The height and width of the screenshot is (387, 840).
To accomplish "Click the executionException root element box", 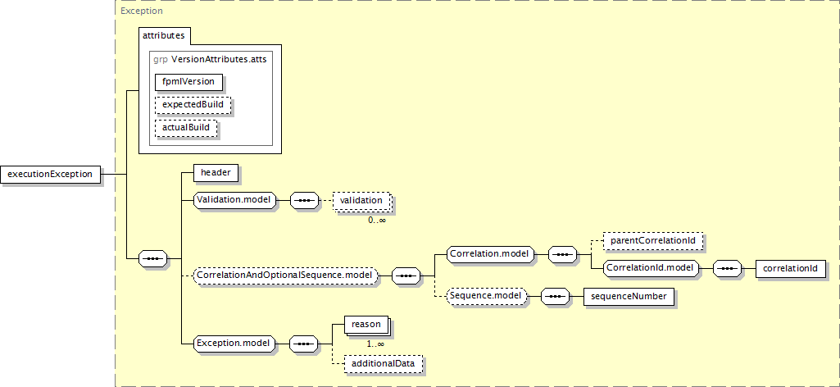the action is click(50, 174).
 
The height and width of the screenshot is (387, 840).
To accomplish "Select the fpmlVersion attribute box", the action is click(188, 82).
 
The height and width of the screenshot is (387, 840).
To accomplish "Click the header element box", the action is click(216, 173).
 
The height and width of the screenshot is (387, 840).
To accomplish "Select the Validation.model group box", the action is click(235, 200).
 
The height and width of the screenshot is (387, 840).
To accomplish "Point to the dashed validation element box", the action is click(361, 201).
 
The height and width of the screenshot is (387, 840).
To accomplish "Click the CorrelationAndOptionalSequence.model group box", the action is click(284, 275).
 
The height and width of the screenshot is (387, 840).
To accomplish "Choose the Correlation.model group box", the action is click(489, 254).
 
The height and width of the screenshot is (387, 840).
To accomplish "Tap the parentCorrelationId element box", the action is click(653, 241).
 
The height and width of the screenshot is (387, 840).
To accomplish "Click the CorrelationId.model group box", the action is click(652, 268).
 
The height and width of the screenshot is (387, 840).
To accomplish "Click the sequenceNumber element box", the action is click(629, 296).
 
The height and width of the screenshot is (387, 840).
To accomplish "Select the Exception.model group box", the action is click(234, 343).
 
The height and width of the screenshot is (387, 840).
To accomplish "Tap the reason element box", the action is click(367, 326).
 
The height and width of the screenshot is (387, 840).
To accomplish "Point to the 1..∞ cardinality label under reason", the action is click(375, 344).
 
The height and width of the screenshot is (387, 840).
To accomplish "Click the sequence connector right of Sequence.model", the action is click(555, 296).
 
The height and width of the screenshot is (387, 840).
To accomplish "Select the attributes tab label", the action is click(163, 36).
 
